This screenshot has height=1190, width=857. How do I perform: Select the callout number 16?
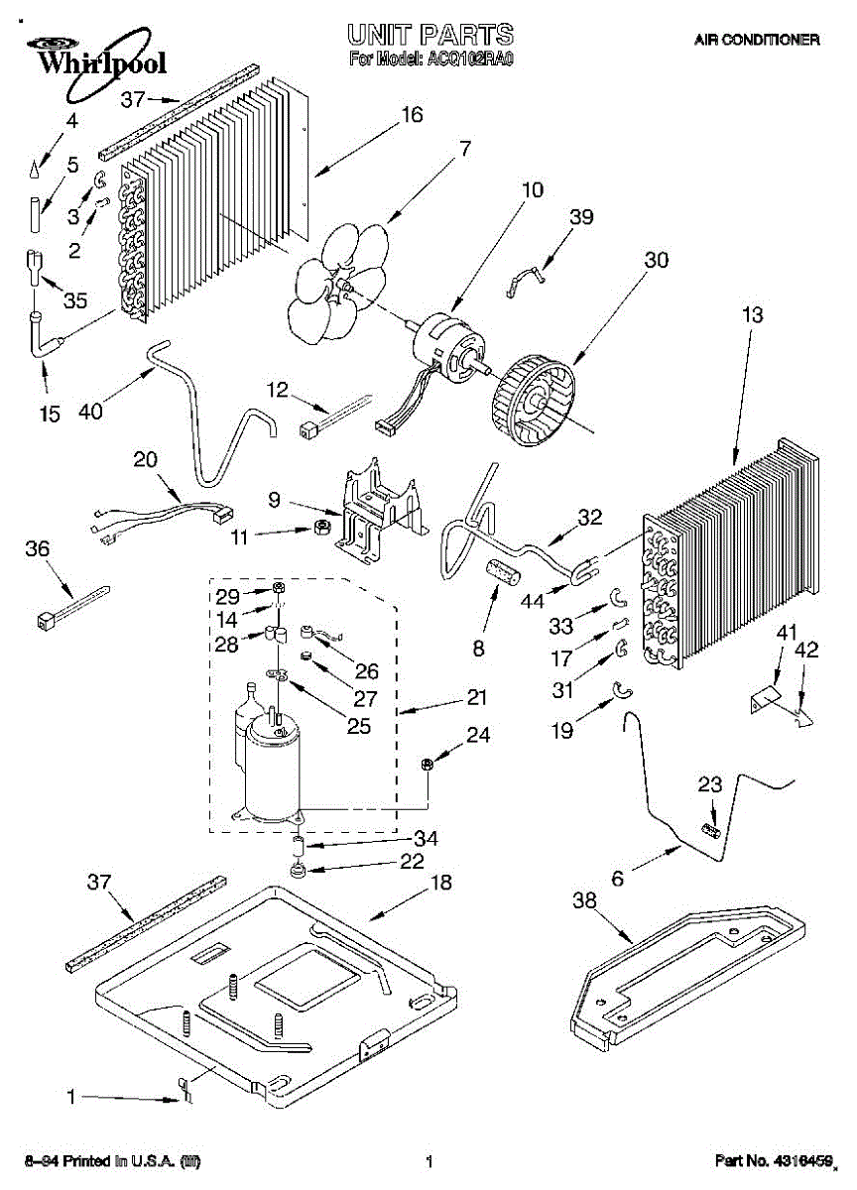[413, 115]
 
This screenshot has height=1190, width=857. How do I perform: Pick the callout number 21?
[477, 698]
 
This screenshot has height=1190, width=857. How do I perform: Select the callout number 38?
[585, 900]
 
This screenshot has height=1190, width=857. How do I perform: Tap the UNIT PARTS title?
[430, 36]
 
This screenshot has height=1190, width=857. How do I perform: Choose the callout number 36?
[37, 548]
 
